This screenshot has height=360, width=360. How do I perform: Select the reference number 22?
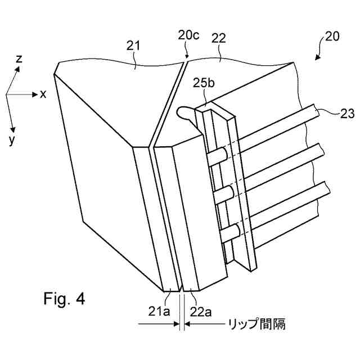(219, 38)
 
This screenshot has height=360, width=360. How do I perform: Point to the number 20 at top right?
(332, 37)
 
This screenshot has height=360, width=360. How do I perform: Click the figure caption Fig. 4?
(64, 298)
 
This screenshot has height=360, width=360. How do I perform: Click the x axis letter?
(43, 94)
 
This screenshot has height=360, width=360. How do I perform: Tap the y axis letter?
(11, 141)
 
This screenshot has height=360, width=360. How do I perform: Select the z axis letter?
(20, 58)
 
